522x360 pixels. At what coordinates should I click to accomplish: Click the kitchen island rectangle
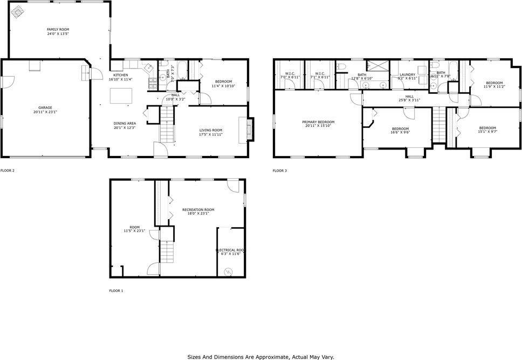point(121,96)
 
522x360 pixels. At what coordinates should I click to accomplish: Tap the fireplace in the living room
point(249,129)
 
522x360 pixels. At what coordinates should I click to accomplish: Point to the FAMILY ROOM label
point(58,30)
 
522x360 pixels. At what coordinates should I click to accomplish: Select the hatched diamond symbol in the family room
point(18,11)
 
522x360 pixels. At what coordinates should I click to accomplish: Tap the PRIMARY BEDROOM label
point(318,122)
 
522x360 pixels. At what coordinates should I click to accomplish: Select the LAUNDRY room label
point(407,74)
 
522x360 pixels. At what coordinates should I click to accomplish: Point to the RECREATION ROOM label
point(198,209)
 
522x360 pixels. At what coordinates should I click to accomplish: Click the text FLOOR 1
point(116,291)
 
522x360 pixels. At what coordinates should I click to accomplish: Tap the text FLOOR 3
point(279,171)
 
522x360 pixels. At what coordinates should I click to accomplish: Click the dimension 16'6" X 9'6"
point(401,132)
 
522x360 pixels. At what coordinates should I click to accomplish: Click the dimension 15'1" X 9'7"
point(487,131)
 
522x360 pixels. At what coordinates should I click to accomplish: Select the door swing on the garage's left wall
point(6,80)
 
